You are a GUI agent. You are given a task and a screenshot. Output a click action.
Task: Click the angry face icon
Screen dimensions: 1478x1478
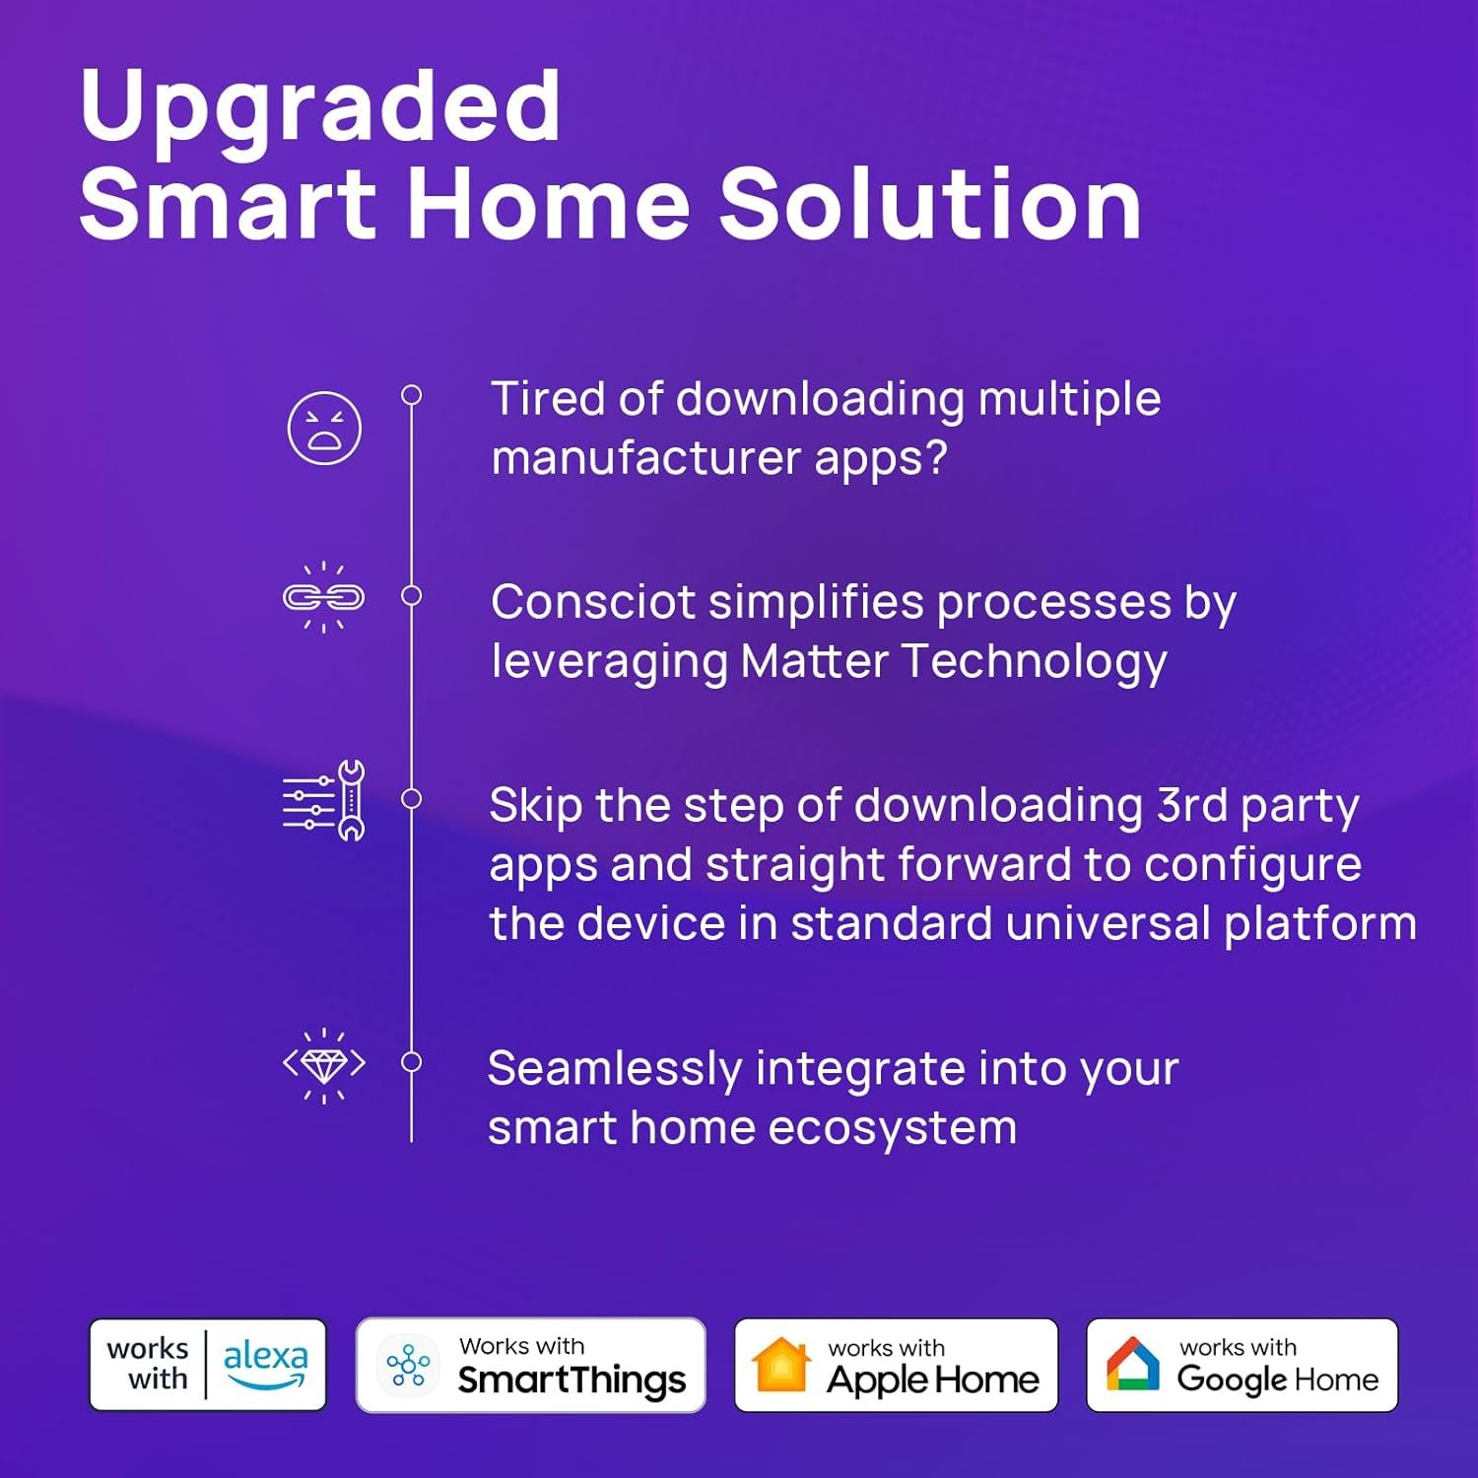(324, 429)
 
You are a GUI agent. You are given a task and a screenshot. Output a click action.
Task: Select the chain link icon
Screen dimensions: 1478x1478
(323, 597)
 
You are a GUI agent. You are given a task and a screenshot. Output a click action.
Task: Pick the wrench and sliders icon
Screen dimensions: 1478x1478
(324, 800)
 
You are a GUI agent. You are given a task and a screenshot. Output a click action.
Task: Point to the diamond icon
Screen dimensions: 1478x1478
(323, 1065)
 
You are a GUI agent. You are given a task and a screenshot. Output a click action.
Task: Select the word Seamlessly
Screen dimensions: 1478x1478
(615, 1069)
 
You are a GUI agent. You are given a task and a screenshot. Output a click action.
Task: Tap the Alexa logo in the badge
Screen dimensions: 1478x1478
(265, 1363)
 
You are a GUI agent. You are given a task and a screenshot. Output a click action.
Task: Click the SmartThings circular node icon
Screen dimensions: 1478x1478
(408, 1365)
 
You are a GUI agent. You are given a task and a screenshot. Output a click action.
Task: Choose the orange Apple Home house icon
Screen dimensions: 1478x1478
(780, 1365)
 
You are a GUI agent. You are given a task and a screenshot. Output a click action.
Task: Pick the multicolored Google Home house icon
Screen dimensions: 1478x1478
(1133, 1365)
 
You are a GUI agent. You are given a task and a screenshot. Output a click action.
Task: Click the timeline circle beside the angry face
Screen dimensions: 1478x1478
(412, 395)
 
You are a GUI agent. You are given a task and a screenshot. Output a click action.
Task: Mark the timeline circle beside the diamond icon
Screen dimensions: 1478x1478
(412, 1062)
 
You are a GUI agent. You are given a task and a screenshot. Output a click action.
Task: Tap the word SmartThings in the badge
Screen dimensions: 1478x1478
(571, 1380)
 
